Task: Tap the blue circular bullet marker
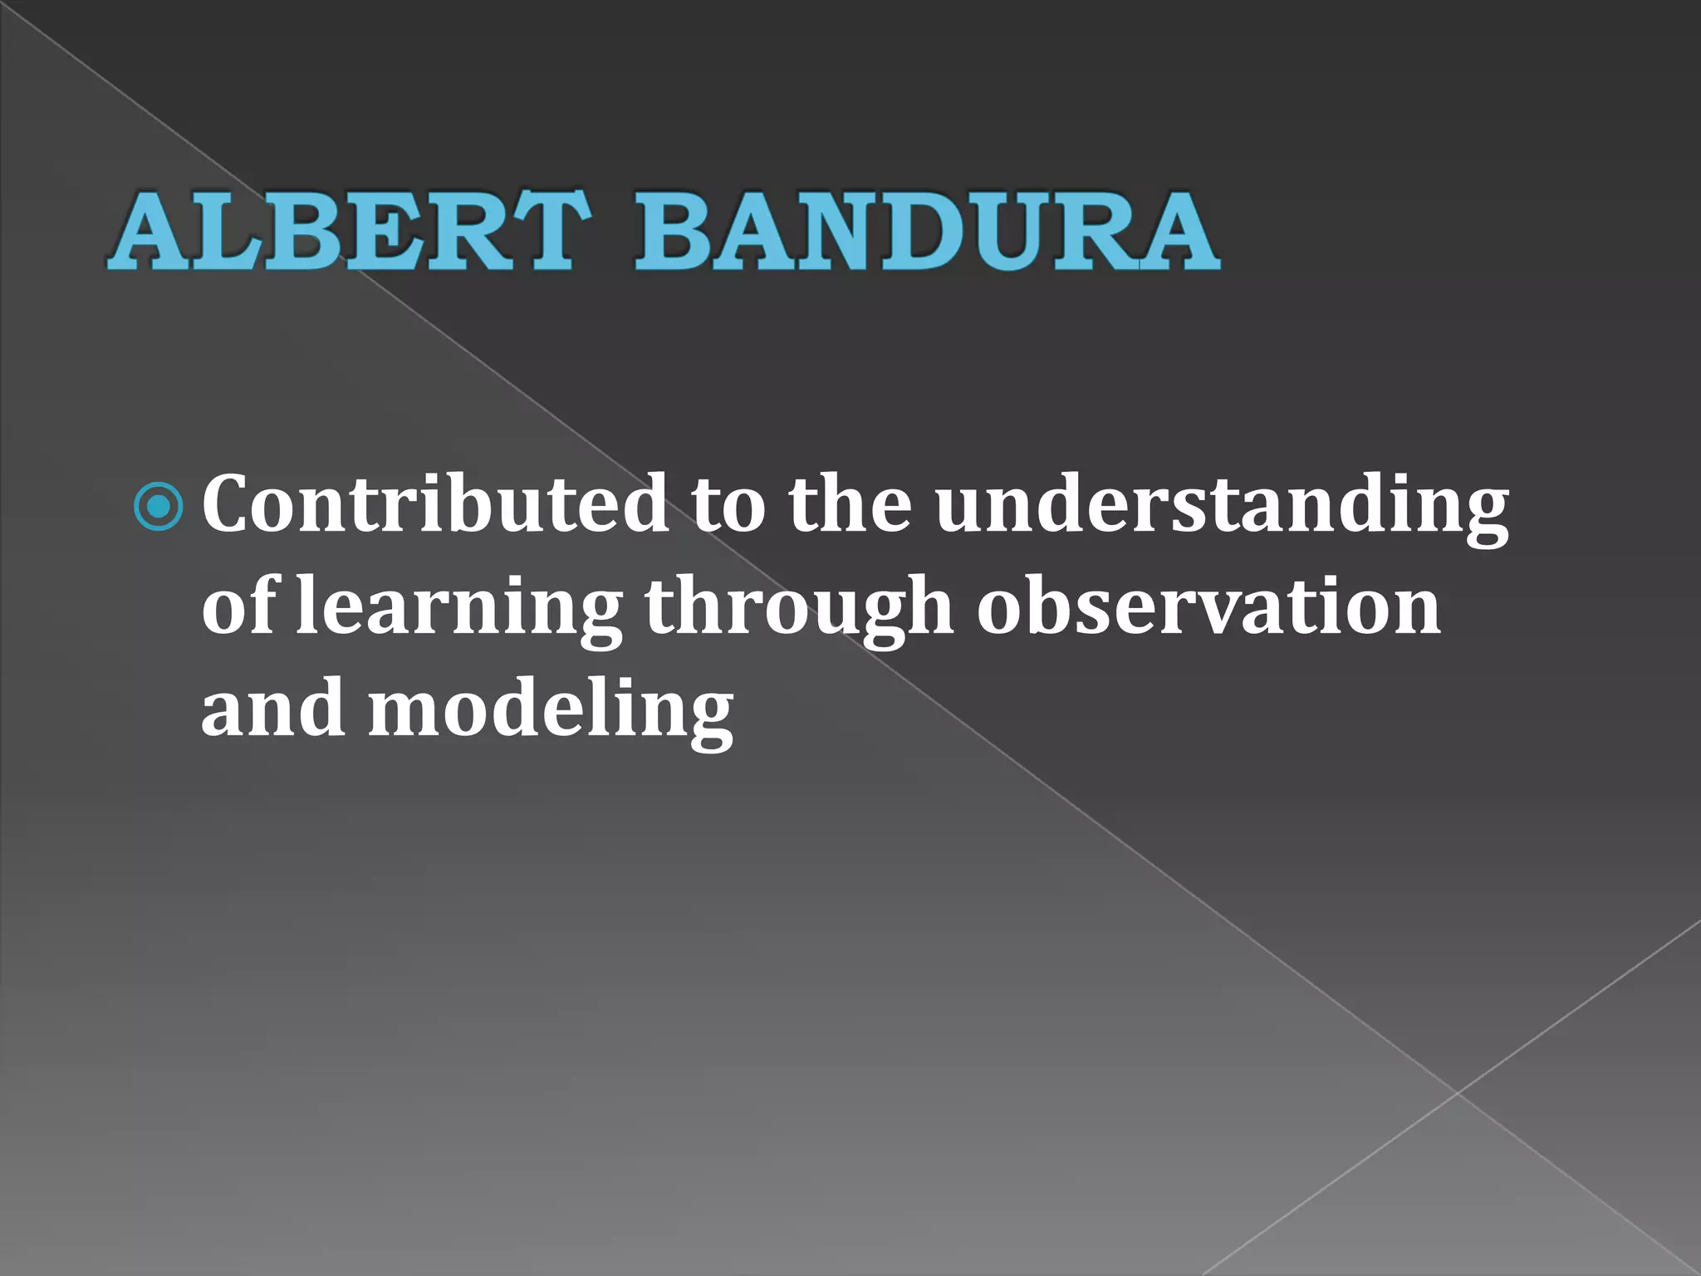click(x=158, y=506)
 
